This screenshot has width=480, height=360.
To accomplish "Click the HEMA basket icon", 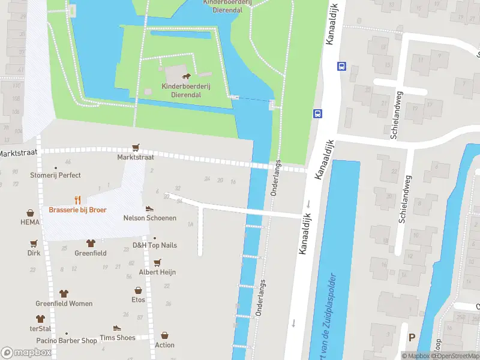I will coord(30,213).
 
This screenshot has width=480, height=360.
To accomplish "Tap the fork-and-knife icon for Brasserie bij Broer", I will coord(77,200).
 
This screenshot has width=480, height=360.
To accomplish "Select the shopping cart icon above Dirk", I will coord(34,244).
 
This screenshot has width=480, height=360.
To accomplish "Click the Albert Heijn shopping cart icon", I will coord(157,263).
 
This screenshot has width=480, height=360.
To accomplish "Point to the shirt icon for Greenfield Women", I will coord(64,293).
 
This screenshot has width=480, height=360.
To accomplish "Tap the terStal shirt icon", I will coord(40,319).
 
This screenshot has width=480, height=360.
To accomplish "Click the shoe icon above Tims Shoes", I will coord(117,328).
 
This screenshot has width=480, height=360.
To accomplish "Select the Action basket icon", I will coord(164,335).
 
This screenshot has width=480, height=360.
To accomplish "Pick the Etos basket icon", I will coord(139,290).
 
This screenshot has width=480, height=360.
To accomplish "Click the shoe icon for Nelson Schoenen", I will coord(149,208).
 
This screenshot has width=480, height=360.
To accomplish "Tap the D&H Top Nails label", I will coord(155,245).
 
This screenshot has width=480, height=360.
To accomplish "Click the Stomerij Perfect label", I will coord(55,175).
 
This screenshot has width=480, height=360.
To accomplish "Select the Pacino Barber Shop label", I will coord(66,341).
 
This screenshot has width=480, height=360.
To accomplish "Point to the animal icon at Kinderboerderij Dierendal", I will coord(187,76).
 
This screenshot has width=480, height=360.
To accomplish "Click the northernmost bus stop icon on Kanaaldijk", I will coord(341,66).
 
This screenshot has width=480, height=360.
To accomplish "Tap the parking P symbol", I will coord(412,338).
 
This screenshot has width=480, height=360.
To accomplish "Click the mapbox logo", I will coord(26,353).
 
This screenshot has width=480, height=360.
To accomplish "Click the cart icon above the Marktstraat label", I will coord(136,147).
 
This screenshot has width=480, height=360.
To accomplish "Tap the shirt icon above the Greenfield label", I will coord(91,243).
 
